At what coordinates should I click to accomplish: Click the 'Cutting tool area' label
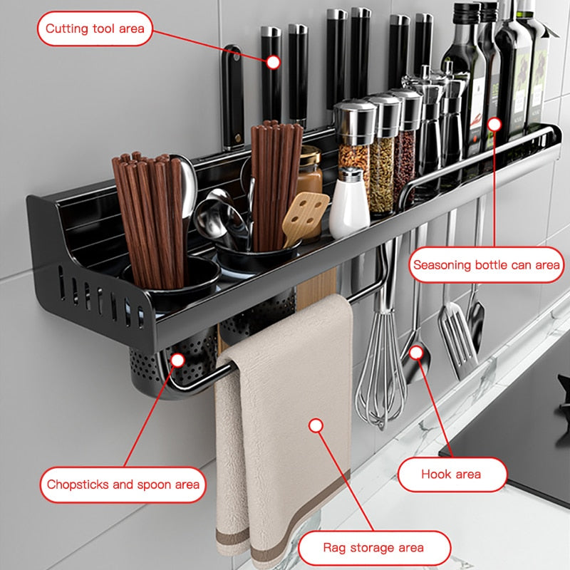[95, 28]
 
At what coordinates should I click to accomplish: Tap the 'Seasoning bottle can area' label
[487, 264]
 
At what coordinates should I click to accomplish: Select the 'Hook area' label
[452, 475]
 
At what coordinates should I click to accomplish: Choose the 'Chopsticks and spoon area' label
[123, 484]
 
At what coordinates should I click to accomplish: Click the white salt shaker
[349, 204]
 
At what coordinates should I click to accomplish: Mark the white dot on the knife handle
[273, 62]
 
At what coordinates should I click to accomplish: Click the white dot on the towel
[316, 425]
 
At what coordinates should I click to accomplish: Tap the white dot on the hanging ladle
[416, 352]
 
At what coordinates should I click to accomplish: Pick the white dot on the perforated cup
[177, 361]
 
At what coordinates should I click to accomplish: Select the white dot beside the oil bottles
[494, 125]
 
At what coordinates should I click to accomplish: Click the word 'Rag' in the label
[334, 548]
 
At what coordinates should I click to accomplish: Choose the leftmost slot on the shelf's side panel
[62, 283]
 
